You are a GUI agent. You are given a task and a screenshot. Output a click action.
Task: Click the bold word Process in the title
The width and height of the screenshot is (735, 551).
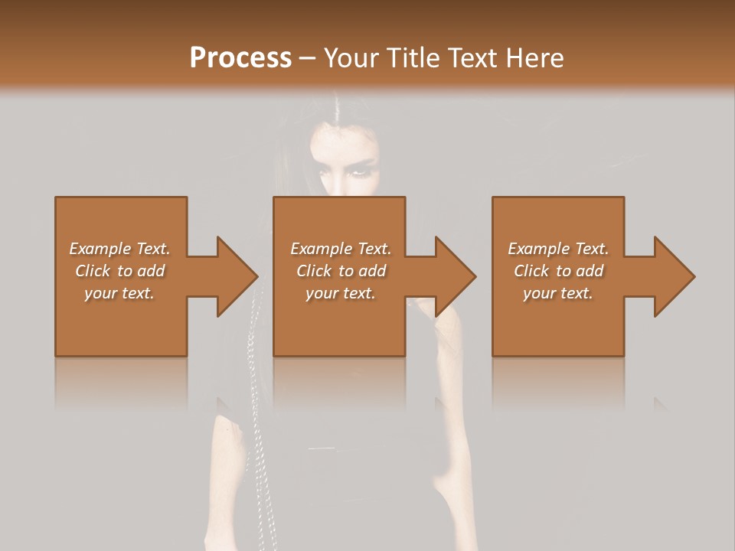click(x=240, y=57)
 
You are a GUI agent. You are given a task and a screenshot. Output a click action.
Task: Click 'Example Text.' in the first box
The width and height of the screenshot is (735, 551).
click(x=119, y=249)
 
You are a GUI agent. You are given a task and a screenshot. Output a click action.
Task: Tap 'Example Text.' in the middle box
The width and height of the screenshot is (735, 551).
click(x=340, y=249)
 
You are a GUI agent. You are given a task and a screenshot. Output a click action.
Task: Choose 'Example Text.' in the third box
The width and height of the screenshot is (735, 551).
click(x=558, y=249)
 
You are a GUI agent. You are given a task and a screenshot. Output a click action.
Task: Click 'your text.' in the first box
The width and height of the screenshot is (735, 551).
click(x=119, y=293)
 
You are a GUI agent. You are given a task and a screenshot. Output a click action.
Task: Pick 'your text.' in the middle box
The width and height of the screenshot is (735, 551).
click(x=340, y=293)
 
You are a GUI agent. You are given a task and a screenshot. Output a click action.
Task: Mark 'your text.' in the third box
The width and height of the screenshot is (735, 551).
click(x=558, y=293)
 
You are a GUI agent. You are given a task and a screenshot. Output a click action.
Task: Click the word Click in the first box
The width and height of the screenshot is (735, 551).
click(x=93, y=271)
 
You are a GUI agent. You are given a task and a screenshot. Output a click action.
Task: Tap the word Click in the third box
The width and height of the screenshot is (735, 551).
click(x=531, y=271)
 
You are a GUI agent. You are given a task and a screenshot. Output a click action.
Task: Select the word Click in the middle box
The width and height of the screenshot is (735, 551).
click(x=314, y=271)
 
